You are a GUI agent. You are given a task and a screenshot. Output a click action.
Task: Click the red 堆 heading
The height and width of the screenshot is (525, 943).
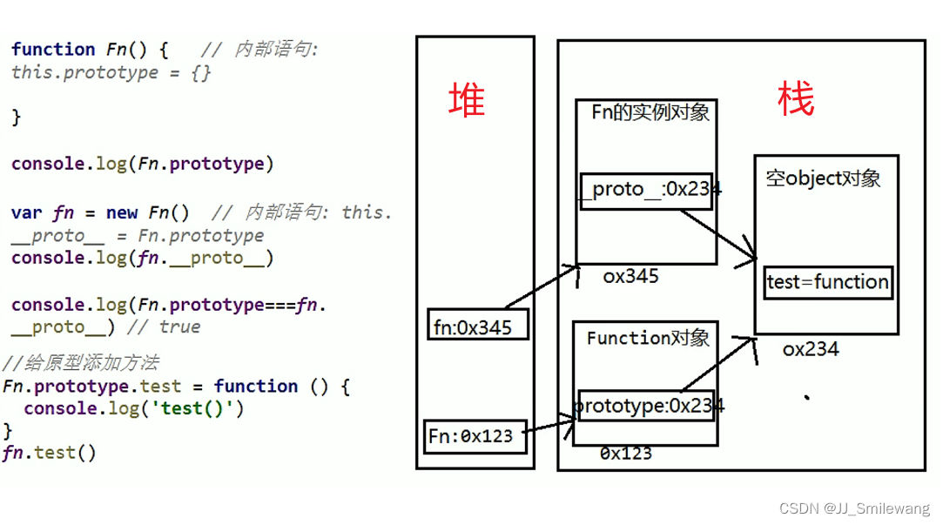[467, 100]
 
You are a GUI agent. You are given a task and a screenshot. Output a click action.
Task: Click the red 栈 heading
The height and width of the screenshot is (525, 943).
[796, 100]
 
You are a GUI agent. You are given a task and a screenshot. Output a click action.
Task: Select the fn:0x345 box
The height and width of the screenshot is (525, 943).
[477, 326]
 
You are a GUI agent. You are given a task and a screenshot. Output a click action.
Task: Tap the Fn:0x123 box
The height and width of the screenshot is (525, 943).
[475, 435]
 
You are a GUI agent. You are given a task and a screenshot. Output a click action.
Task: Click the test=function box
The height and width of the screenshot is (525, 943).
[827, 282]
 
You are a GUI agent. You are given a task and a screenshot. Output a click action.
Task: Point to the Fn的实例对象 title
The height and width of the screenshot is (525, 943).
[650, 112]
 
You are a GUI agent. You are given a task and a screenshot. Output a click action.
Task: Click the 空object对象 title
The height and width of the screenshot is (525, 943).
[823, 178]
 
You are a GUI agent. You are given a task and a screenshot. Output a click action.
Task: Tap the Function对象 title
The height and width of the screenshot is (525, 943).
[648, 338]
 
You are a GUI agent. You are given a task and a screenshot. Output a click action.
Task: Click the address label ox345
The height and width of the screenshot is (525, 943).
[630, 277]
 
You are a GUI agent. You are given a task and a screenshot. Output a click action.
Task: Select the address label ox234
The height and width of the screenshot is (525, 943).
[810, 349]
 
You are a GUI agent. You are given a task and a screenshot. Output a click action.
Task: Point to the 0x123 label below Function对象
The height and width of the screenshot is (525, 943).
[625, 453]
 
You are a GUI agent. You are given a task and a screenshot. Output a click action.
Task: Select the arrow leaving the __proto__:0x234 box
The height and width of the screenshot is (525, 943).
[718, 234]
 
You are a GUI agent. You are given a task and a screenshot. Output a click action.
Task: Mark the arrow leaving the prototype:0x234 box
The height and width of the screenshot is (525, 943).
[717, 365]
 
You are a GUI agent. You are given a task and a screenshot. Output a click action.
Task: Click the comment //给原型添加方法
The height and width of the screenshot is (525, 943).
[81, 363]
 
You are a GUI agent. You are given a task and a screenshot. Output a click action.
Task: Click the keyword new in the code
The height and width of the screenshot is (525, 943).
[122, 212]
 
